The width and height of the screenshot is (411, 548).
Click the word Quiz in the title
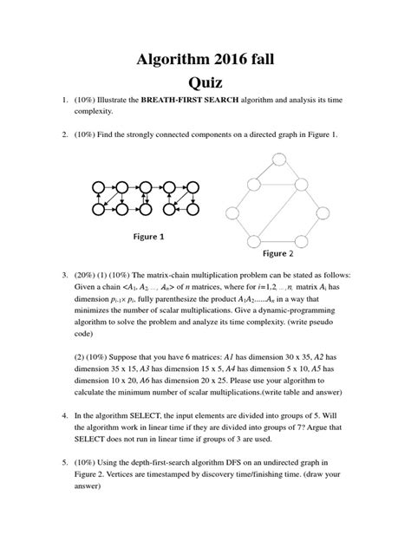(x=205, y=83)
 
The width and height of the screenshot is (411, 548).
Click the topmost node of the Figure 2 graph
(x=302, y=159)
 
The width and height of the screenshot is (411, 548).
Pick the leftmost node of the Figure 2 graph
(x=231, y=211)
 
